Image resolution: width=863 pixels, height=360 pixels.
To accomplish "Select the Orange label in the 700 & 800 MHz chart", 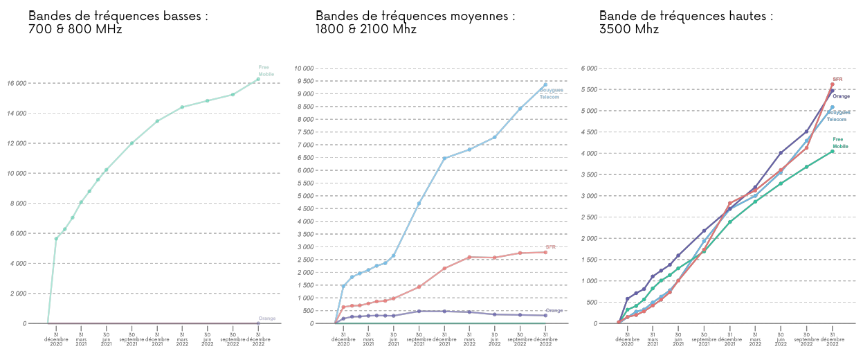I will pyautogui.click(x=267, y=318).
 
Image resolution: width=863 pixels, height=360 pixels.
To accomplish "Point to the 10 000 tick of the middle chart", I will pyautogui.click(x=305, y=69).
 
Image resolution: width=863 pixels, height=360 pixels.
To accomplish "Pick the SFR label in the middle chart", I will pyautogui.click(x=551, y=247).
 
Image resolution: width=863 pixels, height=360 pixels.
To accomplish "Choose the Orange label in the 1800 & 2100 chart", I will pyautogui.click(x=554, y=310).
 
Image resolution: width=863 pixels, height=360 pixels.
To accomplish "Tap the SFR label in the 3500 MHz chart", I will pyautogui.click(x=837, y=79).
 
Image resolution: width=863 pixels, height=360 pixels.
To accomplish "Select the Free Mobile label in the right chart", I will pyautogui.click(x=840, y=143).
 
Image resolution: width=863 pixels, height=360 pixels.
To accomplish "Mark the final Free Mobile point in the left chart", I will pyautogui.click(x=258, y=79).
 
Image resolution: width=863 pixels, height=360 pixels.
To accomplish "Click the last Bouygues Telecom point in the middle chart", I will pyautogui.click(x=545, y=84).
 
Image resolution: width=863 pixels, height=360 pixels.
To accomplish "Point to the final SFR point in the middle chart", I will pyautogui.click(x=545, y=252).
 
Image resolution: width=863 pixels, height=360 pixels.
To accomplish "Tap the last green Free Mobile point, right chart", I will pyautogui.click(x=833, y=152).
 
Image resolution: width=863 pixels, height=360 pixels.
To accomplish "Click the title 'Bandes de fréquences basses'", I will pyautogui.click(x=118, y=15).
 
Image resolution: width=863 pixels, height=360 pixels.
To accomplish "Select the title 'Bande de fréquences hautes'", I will pyautogui.click(x=686, y=15).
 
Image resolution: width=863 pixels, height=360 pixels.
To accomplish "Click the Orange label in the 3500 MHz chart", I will pyautogui.click(x=841, y=96).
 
